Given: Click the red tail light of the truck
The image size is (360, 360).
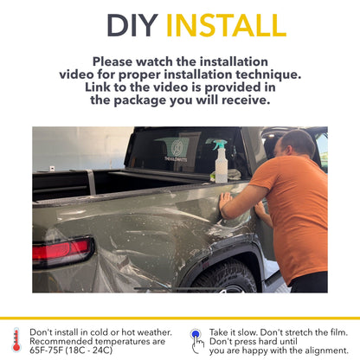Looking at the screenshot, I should pos(61,250).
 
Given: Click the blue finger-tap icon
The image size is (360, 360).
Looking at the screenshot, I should pos(197,337).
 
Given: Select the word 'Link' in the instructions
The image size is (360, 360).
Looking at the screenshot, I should pos(102,87).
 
